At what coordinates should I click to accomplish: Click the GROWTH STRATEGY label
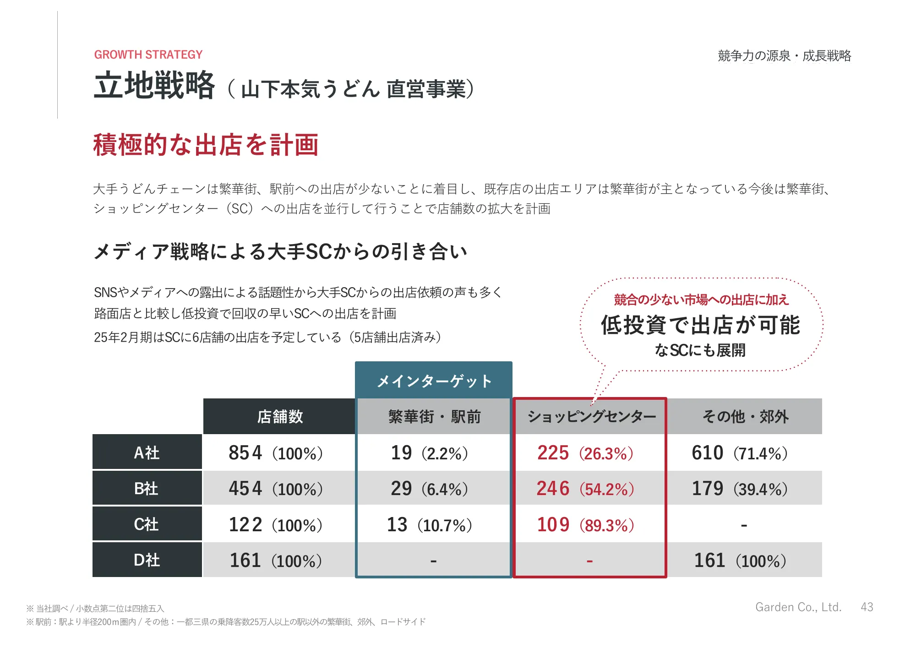coord(148,55)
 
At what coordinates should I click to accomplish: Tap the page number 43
coord(867,607)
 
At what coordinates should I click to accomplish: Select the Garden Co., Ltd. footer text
coord(798,607)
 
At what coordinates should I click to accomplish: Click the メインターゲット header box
coord(433,381)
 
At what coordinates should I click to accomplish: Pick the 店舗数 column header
coord(279,416)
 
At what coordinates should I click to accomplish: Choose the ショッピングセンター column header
coord(591,416)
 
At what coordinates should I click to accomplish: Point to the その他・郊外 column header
coord(745,416)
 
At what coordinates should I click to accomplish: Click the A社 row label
coord(147,452)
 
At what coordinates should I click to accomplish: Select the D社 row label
coord(147,560)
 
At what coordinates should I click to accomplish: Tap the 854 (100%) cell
coord(276,453)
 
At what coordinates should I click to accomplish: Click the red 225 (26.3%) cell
coord(585,453)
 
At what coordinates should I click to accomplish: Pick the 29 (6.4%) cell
coord(429,489)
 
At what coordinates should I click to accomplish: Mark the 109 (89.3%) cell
coord(585,525)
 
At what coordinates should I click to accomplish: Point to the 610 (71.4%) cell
coord(739,453)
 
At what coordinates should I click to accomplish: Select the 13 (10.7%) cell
coord(429,525)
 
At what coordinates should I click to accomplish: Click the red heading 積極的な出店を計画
coord(206,145)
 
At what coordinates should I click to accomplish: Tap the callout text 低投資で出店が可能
coord(700,325)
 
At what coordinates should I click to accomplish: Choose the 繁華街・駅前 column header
coord(434,416)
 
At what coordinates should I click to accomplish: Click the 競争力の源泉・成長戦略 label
coord(784,56)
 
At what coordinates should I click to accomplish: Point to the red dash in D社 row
coord(589,561)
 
